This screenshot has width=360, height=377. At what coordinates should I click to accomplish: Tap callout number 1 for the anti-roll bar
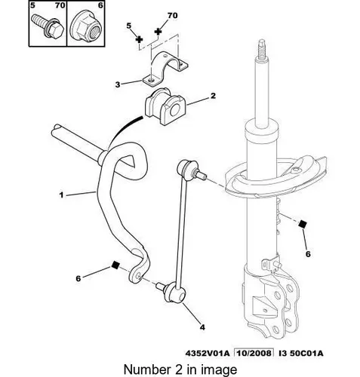pos(63,194)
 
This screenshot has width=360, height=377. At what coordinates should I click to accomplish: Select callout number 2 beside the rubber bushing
pos(214,96)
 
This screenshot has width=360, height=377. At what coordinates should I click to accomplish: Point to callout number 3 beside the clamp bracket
pos(118,85)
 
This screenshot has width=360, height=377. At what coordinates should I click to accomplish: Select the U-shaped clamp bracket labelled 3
pos(168,72)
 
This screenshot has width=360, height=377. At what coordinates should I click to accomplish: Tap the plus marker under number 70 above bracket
pos(158,32)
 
